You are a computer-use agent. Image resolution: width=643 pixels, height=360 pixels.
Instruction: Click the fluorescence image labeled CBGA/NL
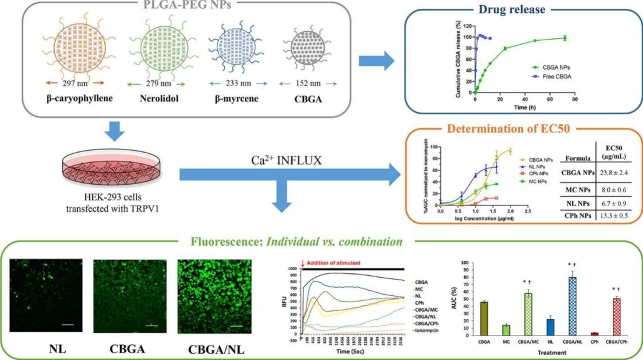215,293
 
